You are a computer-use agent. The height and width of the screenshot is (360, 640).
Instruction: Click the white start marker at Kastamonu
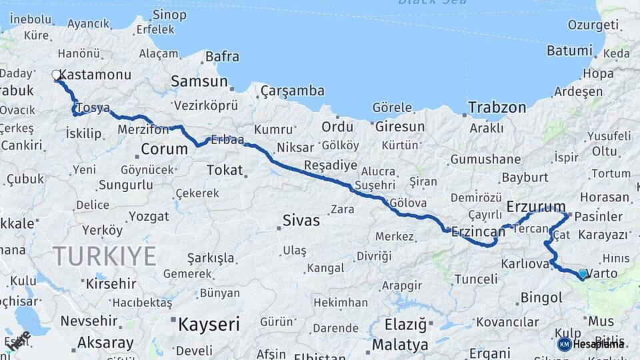57,75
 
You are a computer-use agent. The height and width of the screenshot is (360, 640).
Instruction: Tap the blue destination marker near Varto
583,273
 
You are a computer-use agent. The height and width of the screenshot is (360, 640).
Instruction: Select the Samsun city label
199,81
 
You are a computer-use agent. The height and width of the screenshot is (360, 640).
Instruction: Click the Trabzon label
497,107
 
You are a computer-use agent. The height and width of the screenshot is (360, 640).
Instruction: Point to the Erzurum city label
536,206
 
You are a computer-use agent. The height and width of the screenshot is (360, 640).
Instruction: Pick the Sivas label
301,220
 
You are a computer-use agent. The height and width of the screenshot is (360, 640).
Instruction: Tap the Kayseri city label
208,325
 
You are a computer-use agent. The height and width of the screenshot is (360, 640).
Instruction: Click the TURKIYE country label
105,256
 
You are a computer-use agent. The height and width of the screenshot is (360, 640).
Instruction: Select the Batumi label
569,51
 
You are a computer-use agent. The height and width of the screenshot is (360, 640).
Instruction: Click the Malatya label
400,345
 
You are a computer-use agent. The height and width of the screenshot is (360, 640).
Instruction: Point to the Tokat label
225,170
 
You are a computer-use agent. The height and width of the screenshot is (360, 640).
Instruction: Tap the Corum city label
164,149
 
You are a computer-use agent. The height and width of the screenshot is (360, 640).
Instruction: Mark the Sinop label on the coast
169,14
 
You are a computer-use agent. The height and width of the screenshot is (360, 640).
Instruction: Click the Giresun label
400,126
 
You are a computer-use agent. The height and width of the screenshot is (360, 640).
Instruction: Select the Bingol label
541,297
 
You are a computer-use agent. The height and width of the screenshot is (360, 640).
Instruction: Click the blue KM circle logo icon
564,344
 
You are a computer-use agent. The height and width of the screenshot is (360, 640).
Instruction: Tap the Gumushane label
485,159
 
